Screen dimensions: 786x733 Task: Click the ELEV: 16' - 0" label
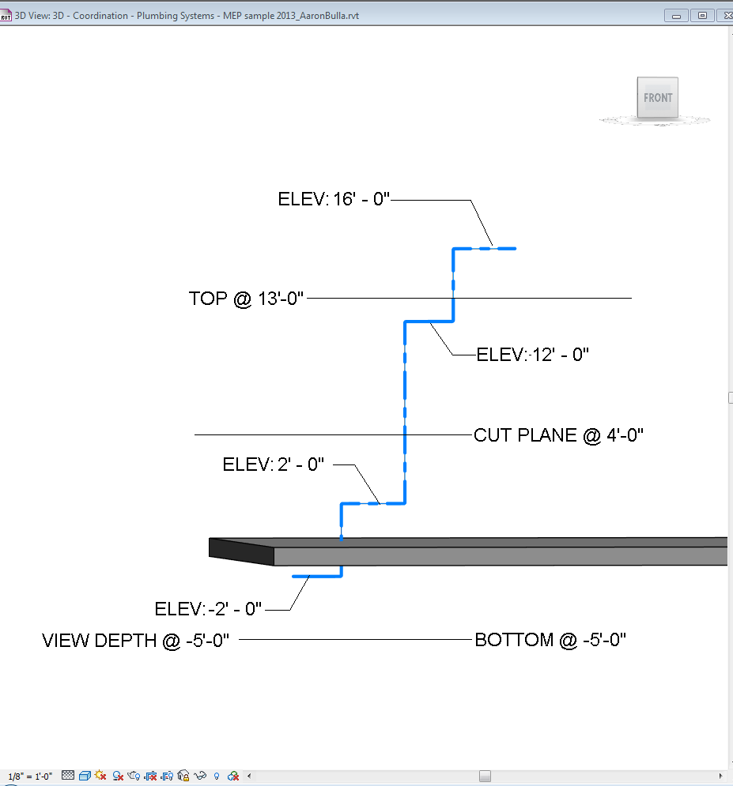334,199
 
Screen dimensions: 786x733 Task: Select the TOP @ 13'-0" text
247,299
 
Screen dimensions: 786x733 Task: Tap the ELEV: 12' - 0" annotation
533,355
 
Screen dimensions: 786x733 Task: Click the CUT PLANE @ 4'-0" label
558,435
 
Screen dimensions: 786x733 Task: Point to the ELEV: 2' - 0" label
274,464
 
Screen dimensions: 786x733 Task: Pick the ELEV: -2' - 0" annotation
208,609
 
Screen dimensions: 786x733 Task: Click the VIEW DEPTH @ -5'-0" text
136,640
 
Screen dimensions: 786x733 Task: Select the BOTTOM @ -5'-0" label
550,640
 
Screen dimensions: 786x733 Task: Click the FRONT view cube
658,99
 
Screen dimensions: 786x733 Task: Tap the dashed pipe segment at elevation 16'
484,249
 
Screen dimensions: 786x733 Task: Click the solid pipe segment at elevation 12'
429,322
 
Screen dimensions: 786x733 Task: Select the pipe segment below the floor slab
317,577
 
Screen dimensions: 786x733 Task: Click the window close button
722,15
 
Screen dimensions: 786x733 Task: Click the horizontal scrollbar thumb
485,776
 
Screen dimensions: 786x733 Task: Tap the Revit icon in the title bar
7,15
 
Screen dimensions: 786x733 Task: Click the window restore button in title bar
701,15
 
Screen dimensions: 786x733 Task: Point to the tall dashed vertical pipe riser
405,411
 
